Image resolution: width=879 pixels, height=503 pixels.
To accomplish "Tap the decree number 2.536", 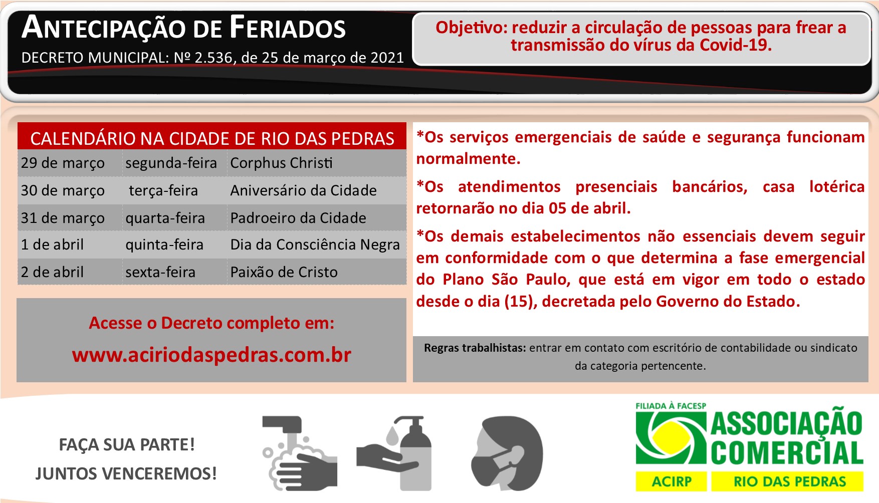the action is (213, 58).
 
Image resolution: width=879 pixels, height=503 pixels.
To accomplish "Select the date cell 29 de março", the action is (63, 163).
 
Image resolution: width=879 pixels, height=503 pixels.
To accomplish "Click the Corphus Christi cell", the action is (281, 163).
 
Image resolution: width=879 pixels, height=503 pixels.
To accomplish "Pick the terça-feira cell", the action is (163, 191).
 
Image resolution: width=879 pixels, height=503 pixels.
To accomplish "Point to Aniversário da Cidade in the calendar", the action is (303, 190).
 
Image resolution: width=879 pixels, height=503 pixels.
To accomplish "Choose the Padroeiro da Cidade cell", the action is (298, 218).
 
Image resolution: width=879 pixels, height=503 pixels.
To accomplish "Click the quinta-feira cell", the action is (164, 244).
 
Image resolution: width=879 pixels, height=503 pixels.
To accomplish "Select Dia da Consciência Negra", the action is (315, 244).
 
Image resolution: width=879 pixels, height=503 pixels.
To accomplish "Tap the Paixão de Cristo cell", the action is (284, 272).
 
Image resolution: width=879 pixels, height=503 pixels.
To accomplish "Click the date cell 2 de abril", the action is (52, 272).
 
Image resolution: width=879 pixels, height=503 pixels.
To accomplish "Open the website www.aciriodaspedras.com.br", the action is (211, 355).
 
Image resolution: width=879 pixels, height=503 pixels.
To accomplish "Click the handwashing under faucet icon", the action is (300, 453).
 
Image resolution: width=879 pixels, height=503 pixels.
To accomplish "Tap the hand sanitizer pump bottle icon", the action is (394, 453).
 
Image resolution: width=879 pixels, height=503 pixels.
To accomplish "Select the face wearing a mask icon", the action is (507, 454).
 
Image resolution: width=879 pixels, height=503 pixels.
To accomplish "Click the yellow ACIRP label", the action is (672, 481).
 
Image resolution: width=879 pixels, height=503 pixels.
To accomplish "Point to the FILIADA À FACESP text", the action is (671, 406).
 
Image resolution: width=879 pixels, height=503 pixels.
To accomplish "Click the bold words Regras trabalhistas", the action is (475, 348).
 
